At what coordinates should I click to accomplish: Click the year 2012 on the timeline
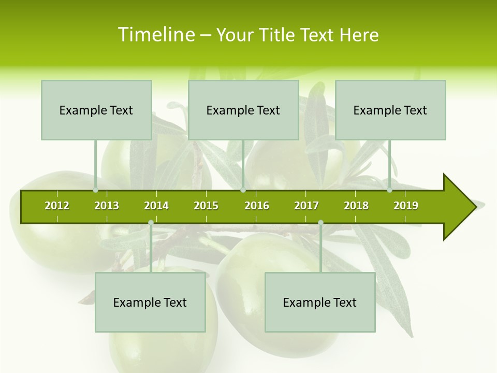57,206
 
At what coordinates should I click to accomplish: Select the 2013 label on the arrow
107,206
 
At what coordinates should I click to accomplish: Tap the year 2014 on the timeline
156,206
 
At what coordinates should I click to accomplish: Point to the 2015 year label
206,206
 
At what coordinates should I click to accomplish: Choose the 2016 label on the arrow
257,206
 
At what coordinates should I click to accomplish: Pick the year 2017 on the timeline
306,206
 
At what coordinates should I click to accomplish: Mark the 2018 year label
356,206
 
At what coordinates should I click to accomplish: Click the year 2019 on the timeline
406,206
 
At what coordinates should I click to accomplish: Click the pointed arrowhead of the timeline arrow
461,207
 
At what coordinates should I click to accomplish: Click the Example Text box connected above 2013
96,110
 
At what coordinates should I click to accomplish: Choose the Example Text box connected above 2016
243,110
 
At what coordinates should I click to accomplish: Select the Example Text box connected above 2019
390,110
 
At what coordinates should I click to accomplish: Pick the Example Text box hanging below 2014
150,302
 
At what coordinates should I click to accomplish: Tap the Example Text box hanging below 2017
320,302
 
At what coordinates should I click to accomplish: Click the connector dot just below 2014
151,223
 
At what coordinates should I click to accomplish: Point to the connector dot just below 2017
320,223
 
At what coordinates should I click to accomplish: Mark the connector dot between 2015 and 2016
243,190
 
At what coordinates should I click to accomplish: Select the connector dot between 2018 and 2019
390,190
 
